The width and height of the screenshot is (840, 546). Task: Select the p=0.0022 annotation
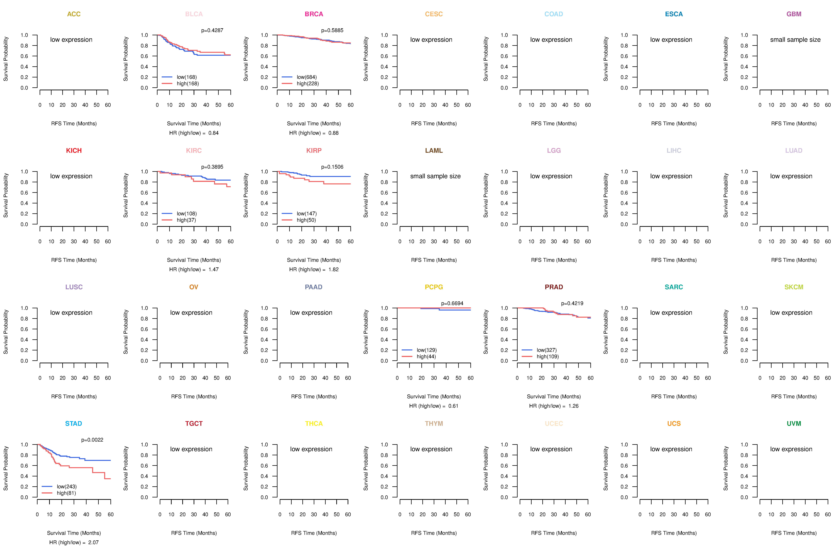pos(92,440)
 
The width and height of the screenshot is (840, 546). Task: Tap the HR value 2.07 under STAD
pos(94,542)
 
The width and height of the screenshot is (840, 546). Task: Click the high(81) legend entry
pos(66,493)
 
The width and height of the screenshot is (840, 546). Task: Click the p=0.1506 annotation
pos(332,167)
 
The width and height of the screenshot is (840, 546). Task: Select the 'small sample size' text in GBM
pos(795,39)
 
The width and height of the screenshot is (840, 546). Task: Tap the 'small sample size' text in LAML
pos(435,176)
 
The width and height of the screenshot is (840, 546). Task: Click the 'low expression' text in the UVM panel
pos(791,449)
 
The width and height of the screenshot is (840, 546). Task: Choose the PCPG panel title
pos(434,287)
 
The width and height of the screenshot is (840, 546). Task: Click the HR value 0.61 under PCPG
pos(453,406)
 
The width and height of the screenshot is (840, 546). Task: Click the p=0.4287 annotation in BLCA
pos(212,30)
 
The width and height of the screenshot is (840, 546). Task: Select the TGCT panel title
pos(194,424)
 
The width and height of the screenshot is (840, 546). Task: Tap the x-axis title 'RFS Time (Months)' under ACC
pos(74,123)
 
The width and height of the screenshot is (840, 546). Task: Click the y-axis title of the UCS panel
pos(606,468)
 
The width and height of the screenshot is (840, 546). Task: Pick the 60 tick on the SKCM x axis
pos(828,378)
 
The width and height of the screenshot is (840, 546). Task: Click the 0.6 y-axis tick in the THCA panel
pos(264,466)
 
